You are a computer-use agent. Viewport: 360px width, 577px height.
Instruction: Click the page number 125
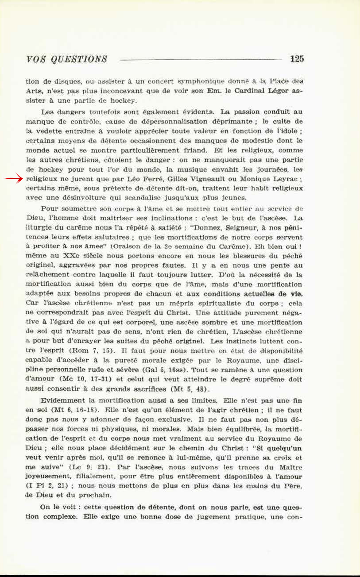pyautogui.click(x=297, y=59)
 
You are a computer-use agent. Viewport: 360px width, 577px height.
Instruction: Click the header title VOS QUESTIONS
pyautogui.click(x=66, y=59)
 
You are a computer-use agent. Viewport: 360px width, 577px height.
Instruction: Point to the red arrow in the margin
pyautogui.click(x=13, y=179)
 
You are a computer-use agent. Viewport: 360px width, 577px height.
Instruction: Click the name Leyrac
pyautogui.click(x=281, y=179)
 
